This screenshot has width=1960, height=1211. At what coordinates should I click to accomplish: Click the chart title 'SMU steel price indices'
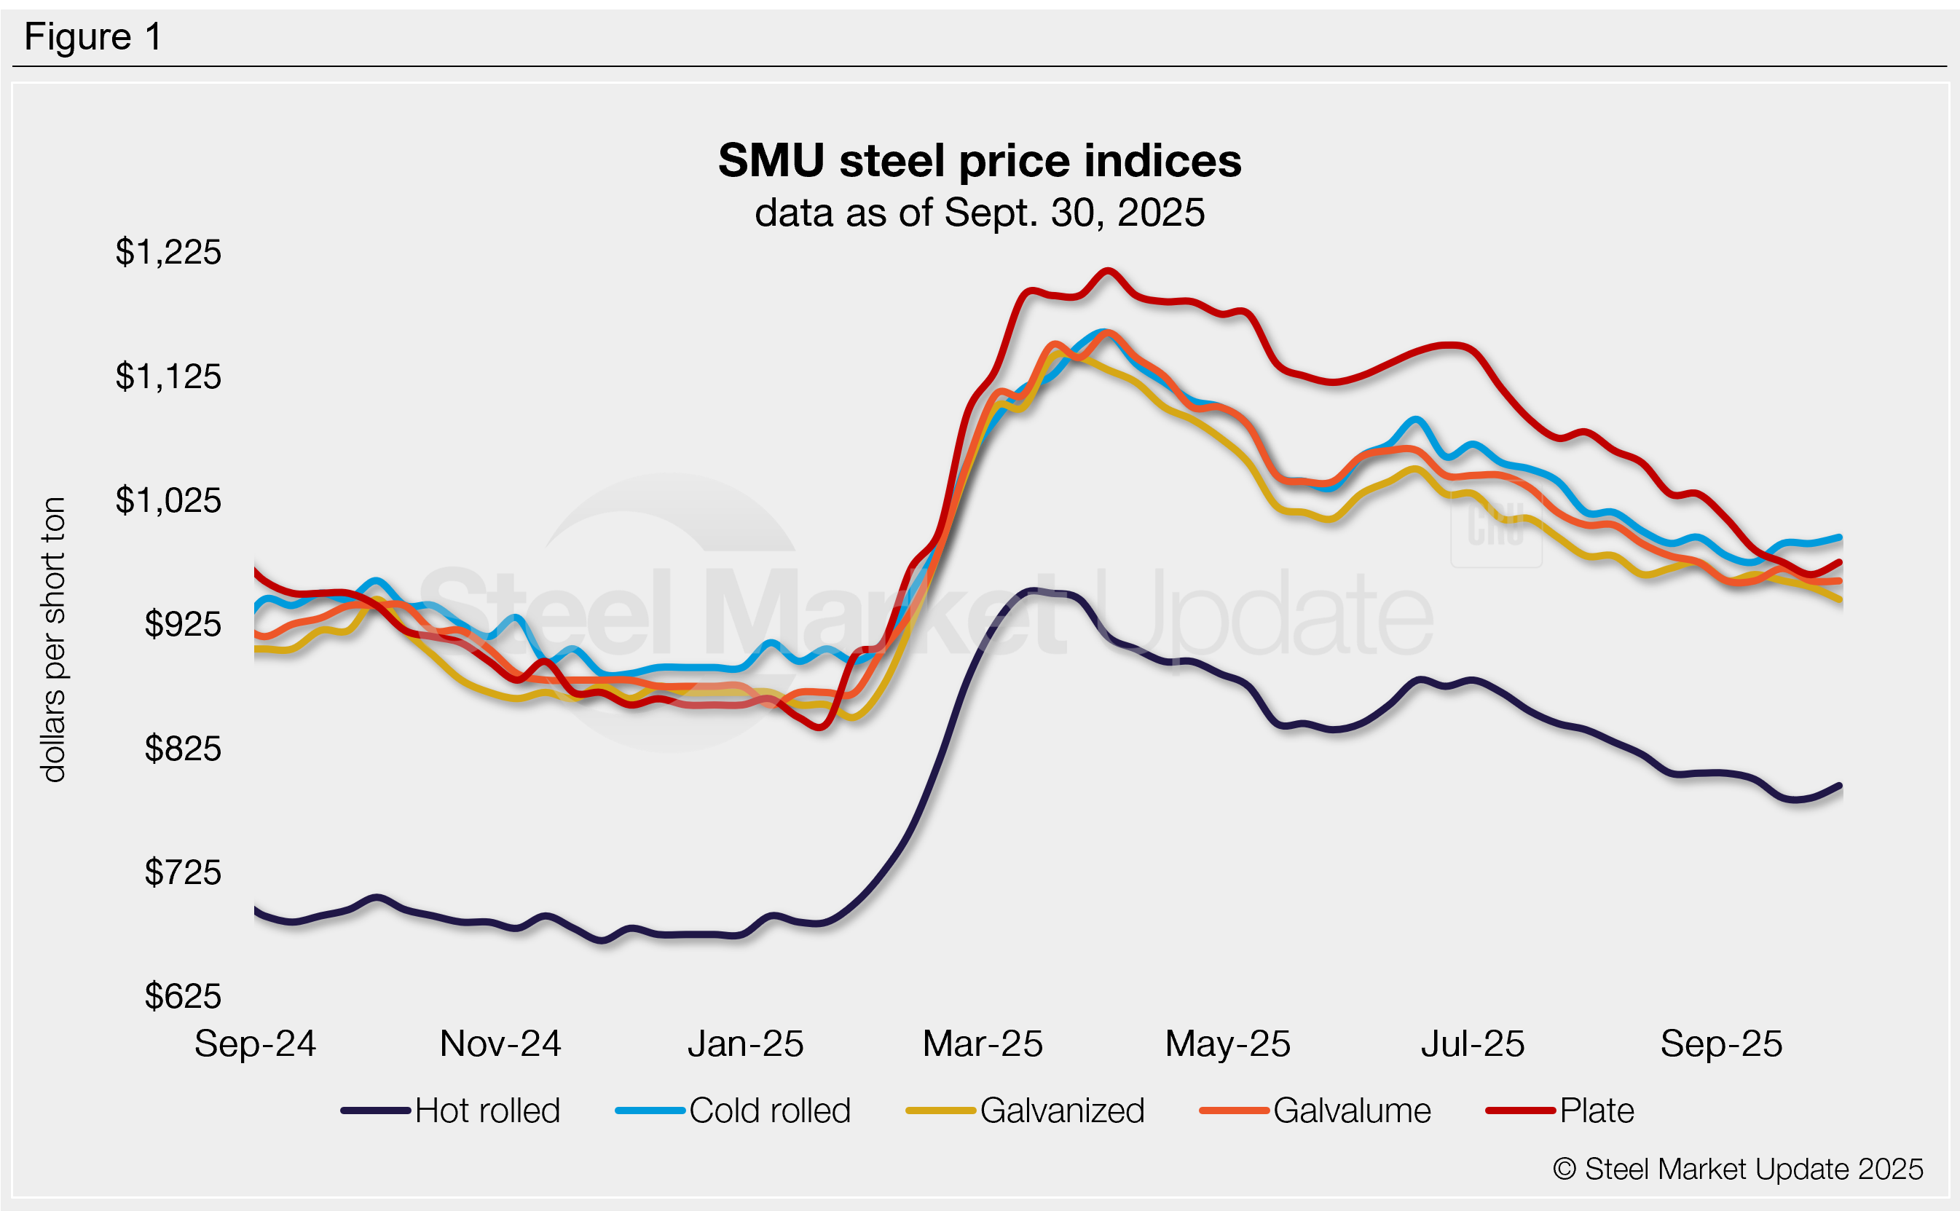[x=979, y=161]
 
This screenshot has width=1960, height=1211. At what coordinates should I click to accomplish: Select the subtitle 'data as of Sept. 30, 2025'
[x=979, y=213]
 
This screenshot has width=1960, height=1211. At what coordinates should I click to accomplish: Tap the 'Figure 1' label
[x=93, y=37]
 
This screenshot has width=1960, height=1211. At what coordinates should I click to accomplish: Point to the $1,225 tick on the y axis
[x=168, y=252]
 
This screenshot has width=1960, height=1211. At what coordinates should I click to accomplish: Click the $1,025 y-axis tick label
[x=168, y=500]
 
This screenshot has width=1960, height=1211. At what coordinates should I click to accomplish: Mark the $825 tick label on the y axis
[x=183, y=749]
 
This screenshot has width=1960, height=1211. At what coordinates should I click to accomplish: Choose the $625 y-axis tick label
[x=183, y=996]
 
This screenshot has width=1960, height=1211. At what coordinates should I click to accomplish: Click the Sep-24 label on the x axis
[x=255, y=1044]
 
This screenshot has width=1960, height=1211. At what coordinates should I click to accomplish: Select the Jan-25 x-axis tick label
[x=745, y=1044]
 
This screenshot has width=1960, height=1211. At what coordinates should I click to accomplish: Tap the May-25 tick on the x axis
[x=1227, y=1044]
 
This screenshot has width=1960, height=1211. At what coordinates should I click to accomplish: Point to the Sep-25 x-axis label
[x=1721, y=1044]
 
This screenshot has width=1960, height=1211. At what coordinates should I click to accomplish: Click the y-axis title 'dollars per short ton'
[x=53, y=639]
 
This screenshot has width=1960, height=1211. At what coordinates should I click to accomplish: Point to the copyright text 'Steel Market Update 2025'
[x=1738, y=1169]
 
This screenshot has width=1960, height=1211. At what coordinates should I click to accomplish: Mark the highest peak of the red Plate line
[x=1107, y=271]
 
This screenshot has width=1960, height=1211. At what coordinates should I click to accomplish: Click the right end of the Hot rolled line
[x=1840, y=786]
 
